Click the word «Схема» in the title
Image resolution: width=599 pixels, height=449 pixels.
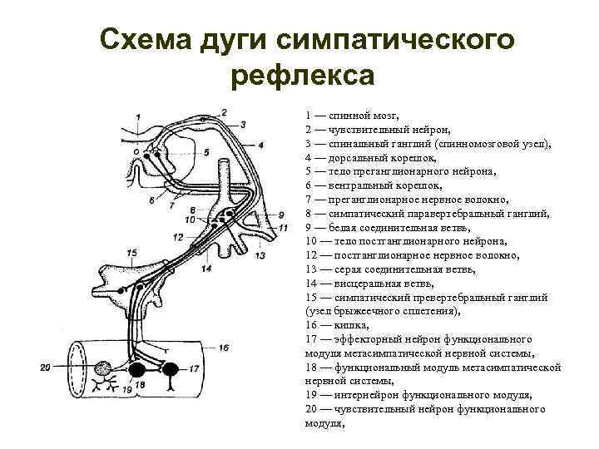point(144,39)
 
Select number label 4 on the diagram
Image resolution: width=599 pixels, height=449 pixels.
point(260,144)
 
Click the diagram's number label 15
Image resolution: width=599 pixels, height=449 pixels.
point(131,252)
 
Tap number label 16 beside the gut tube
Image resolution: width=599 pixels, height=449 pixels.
point(222,347)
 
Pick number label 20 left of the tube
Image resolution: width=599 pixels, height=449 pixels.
point(45,367)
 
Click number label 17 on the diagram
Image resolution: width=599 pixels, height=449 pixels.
point(193,368)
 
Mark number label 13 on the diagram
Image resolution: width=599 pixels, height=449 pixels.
point(260,255)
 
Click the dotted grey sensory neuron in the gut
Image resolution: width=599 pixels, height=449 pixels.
point(105,368)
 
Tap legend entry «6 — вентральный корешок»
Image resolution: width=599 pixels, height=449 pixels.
point(374,185)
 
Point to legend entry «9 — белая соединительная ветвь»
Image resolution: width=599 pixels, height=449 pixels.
point(383,228)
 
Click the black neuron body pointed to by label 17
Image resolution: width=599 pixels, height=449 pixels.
point(169,368)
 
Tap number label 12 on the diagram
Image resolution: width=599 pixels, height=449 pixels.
point(177,236)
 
